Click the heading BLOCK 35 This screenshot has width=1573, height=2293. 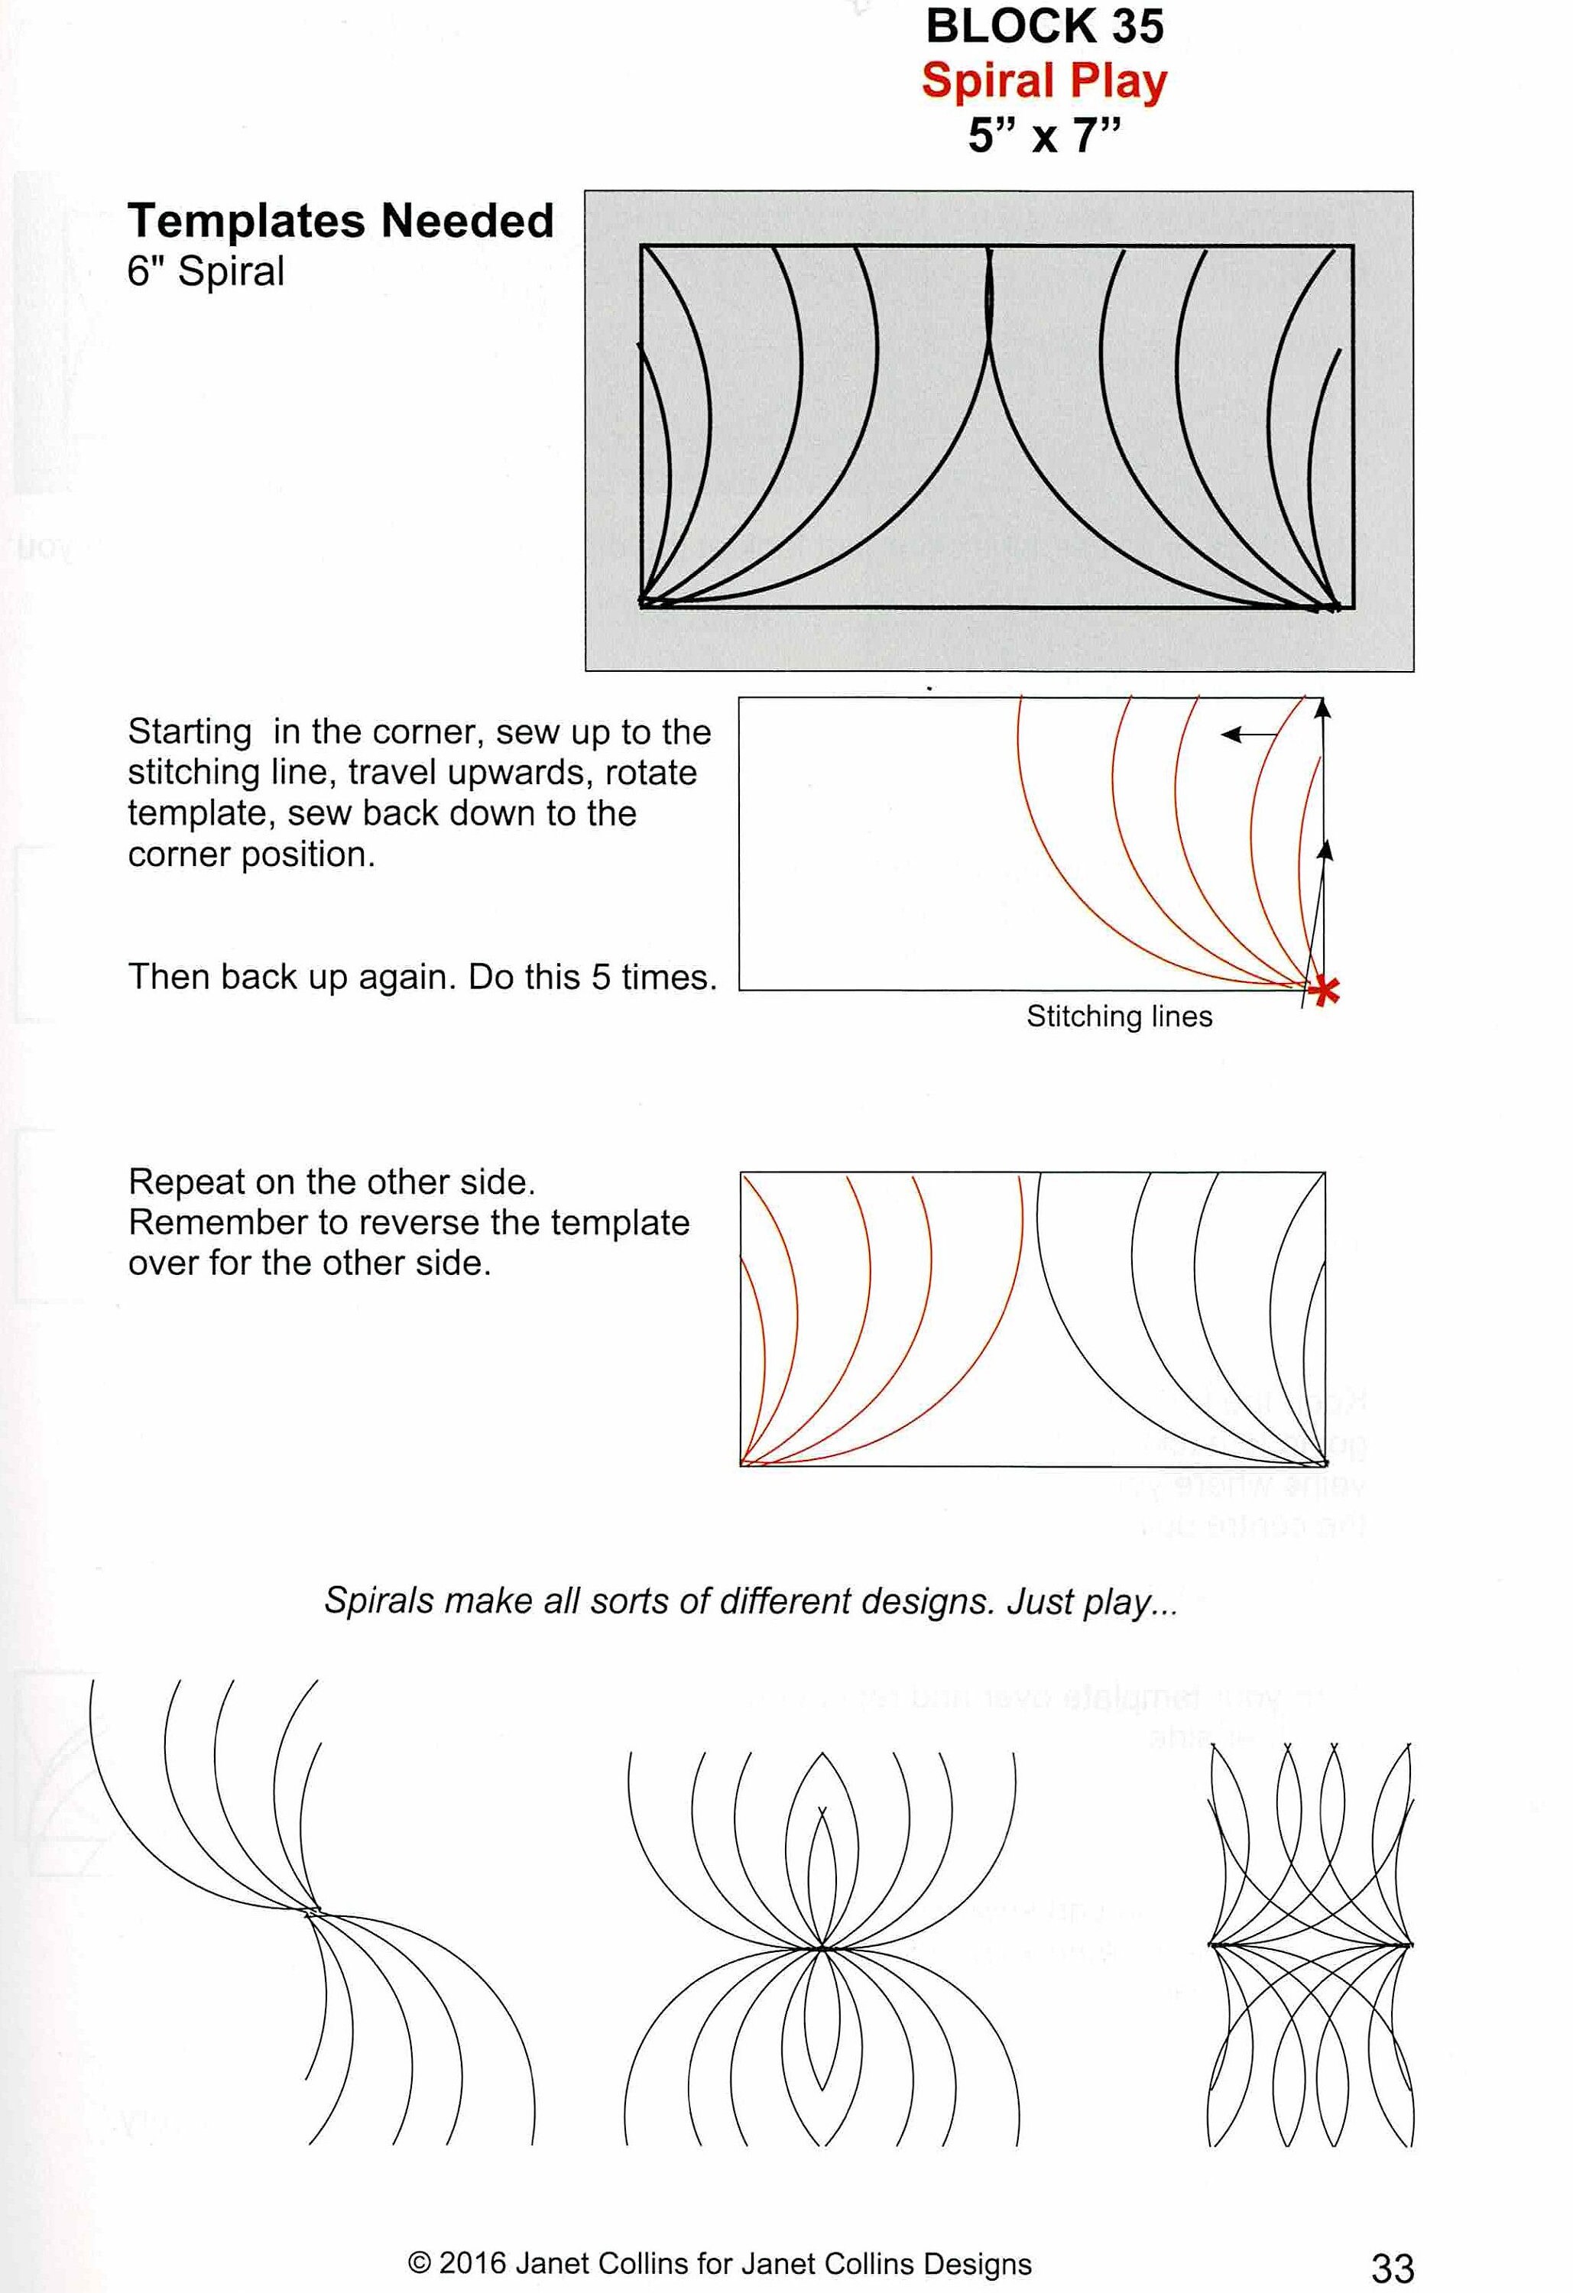click(x=1043, y=27)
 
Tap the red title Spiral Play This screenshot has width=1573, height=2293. click(x=1043, y=81)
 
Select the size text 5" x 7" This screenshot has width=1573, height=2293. click(x=1043, y=135)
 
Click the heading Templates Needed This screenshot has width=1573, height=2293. click(x=340, y=220)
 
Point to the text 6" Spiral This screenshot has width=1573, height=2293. click(x=206, y=271)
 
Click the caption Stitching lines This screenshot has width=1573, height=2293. click(x=1118, y=1017)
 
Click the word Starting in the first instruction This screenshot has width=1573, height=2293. click(x=190, y=731)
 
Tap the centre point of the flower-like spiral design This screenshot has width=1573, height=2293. click(x=821, y=1948)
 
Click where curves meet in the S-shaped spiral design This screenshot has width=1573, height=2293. click(x=314, y=1913)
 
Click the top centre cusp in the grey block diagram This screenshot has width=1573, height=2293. click(x=989, y=254)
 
